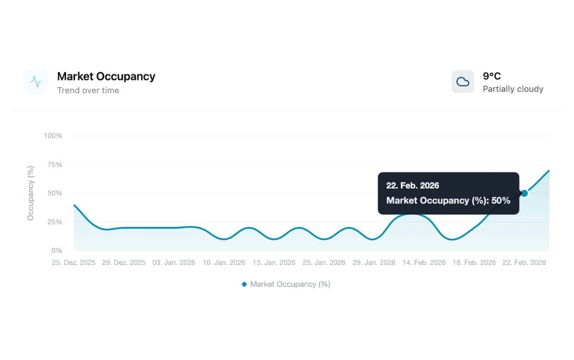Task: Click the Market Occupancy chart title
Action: tap(106, 76)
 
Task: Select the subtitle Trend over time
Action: tap(88, 90)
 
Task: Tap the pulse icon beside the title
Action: tap(36, 82)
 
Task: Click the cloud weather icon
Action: tap(463, 82)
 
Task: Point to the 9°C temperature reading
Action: tap(491, 76)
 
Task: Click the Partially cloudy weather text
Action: tap(513, 89)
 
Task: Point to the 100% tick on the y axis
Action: tap(53, 135)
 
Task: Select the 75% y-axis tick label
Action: tap(54, 165)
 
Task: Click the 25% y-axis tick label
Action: tap(54, 222)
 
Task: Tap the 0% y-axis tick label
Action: tap(57, 250)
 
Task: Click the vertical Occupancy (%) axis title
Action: tap(30, 193)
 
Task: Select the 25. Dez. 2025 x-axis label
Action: tap(74, 262)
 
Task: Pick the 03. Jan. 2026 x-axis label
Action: tap(174, 262)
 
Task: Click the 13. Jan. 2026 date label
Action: tap(274, 262)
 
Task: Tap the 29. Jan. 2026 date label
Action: tap(374, 262)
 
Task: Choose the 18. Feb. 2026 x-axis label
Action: tap(474, 262)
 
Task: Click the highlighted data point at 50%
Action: tap(524, 193)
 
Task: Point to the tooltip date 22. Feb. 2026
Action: tap(413, 185)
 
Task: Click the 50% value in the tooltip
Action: tap(500, 200)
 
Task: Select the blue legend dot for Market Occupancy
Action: tap(244, 284)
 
